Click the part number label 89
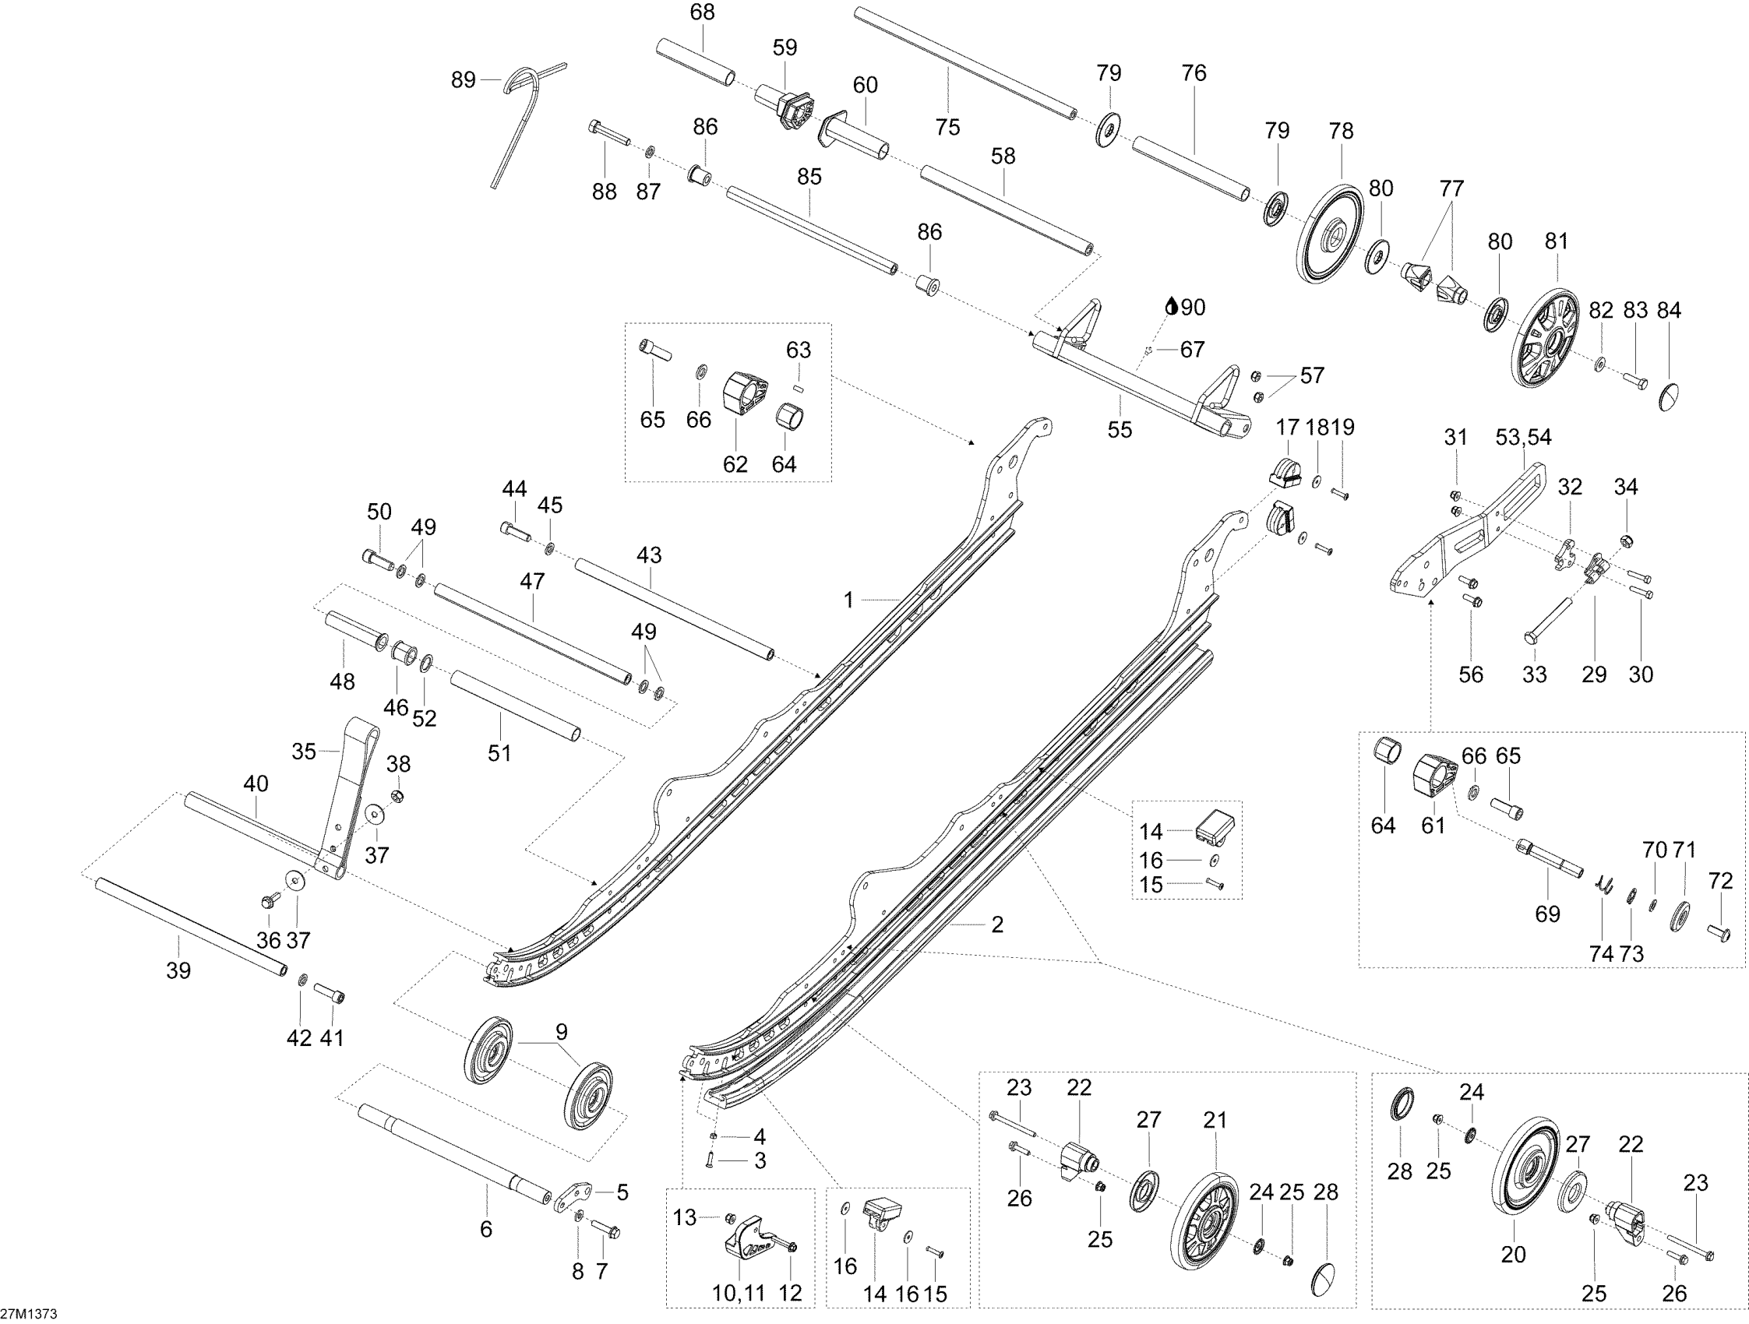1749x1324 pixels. (x=464, y=80)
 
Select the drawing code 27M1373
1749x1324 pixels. (x=29, y=1314)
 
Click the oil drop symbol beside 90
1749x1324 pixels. (x=1172, y=306)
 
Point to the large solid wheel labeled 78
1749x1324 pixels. (x=1331, y=234)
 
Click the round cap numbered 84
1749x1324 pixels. (x=1666, y=395)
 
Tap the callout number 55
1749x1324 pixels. (x=1120, y=429)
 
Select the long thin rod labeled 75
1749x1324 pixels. (x=964, y=62)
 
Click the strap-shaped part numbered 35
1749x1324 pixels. (x=348, y=798)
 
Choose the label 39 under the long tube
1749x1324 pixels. (x=178, y=970)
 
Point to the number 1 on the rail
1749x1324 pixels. (x=848, y=600)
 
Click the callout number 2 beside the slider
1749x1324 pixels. (x=997, y=924)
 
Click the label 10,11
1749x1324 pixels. (x=739, y=1293)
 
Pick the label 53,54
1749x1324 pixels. (x=1524, y=437)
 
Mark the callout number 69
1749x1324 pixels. (x=1547, y=914)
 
